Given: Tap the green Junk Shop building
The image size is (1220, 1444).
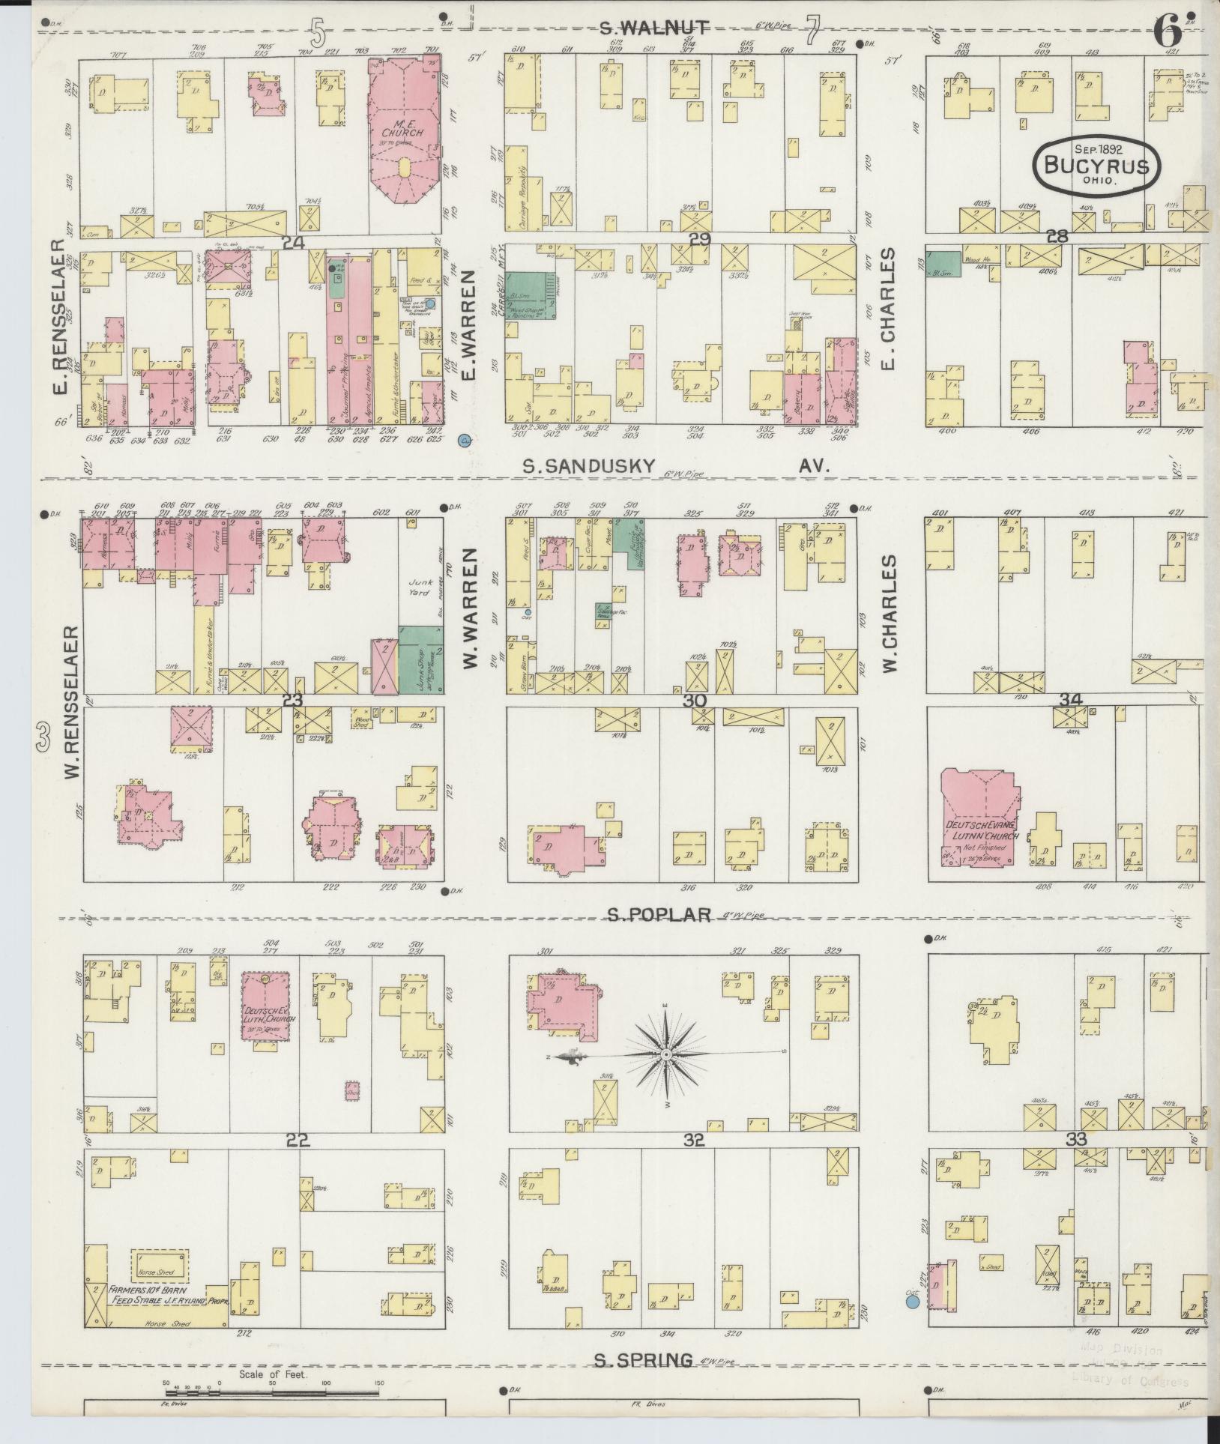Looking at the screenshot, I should coord(420,657).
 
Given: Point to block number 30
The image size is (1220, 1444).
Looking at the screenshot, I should coord(695,701).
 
